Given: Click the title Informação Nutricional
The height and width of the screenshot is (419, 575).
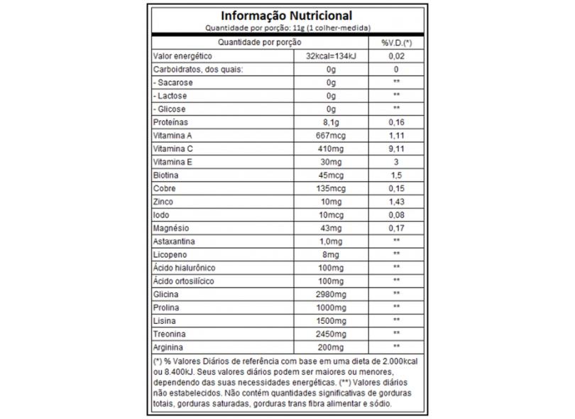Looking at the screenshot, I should [x=286, y=15].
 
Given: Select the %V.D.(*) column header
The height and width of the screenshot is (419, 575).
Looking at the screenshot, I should [x=397, y=43].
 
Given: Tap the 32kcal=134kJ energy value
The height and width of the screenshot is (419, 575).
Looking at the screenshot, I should [x=330, y=56].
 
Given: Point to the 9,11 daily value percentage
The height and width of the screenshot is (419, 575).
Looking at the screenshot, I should [x=397, y=149].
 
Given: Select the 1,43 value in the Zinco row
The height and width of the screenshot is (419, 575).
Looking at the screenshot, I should [x=397, y=202].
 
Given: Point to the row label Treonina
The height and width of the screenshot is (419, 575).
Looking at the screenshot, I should [x=169, y=334].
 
